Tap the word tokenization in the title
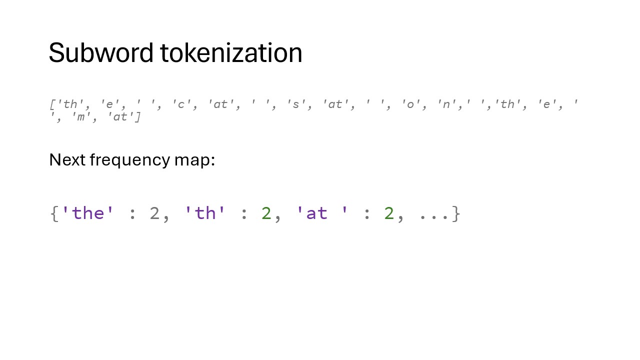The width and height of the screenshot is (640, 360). pos(231,53)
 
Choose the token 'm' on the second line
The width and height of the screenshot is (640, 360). pos(80,117)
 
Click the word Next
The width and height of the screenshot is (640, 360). pos(67,160)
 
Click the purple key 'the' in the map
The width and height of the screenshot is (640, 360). pos(88,213)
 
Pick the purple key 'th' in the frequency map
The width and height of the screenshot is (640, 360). pos(205,213)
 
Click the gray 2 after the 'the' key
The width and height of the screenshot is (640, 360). pos(154,214)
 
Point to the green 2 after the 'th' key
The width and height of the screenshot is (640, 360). pos(266,214)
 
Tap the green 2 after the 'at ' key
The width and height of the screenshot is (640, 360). pos(389,214)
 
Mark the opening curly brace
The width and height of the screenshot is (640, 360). pos(54,214)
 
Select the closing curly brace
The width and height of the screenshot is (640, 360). pos(456,214)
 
